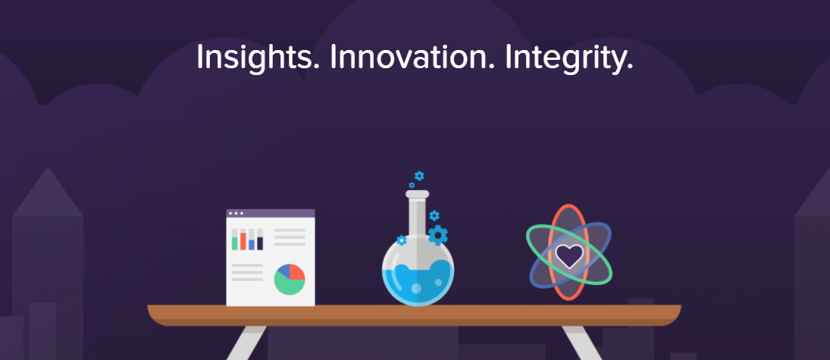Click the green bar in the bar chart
(235, 243)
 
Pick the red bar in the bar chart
(243, 241)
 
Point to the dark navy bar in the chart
(260, 243)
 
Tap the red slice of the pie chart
(297, 272)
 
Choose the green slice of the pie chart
(289, 286)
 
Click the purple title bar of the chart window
(271, 214)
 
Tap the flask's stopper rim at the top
(417, 194)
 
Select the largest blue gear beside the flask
(438, 235)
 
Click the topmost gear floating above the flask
(419, 176)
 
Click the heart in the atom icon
(569, 255)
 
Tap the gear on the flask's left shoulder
(402, 240)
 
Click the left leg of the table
(246, 343)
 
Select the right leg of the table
(582, 343)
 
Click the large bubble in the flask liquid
(417, 289)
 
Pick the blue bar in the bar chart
(252, 245)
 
